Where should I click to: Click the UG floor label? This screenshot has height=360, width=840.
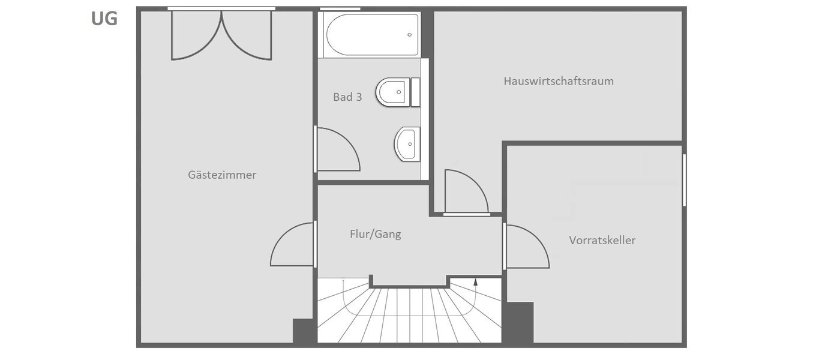tap(104, 19)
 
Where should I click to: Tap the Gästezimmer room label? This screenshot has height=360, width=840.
tap(222, 175)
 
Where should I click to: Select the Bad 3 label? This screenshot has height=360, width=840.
tap(347, 97)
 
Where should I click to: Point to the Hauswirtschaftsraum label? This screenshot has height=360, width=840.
tap(559, 81)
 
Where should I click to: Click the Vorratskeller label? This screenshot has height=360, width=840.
tap(602, 241)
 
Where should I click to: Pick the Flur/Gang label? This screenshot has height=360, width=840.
tap(375, 235)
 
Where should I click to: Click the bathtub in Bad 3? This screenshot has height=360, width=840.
tap(371, 35)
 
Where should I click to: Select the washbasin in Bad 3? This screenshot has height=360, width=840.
tap(407, 145)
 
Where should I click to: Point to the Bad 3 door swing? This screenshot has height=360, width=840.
tap(337, 150)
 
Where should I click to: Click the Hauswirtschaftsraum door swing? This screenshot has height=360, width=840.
tap(466, 192)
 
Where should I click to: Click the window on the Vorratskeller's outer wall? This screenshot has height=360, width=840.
tap(684, 180)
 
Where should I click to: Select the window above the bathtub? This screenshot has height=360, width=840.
tap(340, 9)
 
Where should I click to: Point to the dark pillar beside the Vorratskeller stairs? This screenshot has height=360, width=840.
tap(520, 322)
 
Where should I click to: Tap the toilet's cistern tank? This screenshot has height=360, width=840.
tap(416, 92)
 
